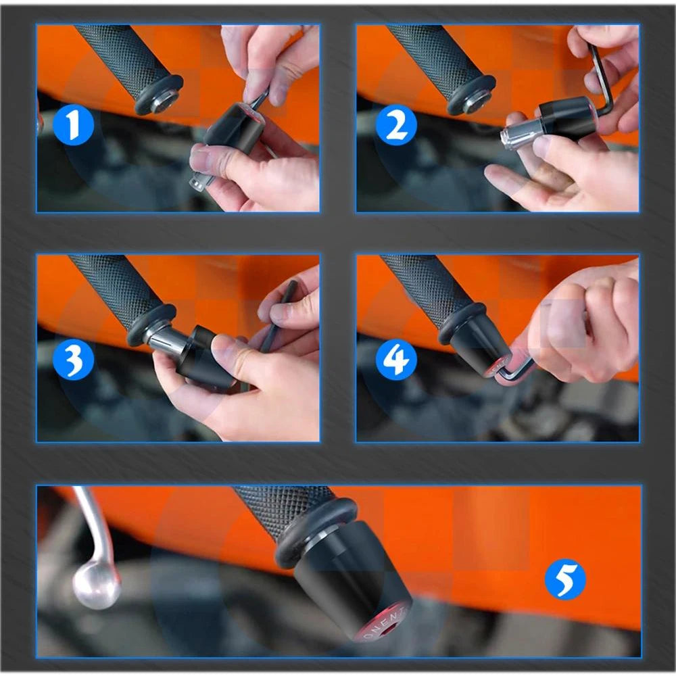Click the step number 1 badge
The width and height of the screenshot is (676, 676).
(x=72, y=126)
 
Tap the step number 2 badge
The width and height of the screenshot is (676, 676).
(x=395, y=126)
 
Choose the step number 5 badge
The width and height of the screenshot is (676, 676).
(x=564, y=580)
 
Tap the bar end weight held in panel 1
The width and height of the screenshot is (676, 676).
(x=233, y=132)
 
